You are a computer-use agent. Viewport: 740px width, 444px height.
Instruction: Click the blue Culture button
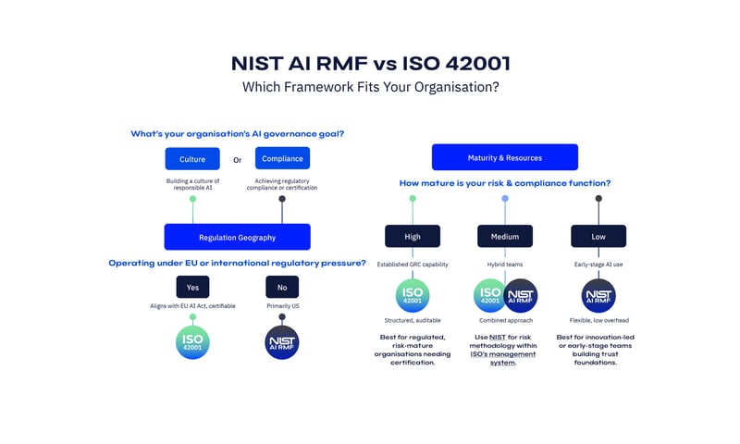[192, 158]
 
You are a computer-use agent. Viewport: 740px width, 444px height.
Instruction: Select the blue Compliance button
[282, 158]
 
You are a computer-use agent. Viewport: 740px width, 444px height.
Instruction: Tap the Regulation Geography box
[238, 237]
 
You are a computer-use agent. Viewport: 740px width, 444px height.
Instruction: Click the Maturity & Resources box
[504, 157]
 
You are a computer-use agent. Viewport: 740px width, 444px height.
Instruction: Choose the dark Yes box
[192, 287]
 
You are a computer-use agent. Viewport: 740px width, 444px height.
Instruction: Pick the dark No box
[282, 287]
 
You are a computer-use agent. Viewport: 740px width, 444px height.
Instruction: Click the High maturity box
[413, 236]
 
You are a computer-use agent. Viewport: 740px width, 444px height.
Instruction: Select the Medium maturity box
[505, 236]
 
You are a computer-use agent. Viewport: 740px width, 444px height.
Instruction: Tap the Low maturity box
[598, 236]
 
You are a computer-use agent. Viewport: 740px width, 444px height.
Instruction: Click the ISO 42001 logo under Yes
[192, 342]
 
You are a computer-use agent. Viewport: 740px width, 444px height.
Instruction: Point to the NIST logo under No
[282, 342]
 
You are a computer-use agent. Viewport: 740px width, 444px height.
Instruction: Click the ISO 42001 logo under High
[413, 295]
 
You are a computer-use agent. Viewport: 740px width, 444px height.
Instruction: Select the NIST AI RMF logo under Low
[598, 295]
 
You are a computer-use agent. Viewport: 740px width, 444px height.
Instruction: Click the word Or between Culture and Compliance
[238, 160]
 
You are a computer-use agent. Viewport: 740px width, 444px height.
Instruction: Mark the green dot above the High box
[413, 199]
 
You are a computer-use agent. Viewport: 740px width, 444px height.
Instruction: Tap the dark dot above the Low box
[598, 199]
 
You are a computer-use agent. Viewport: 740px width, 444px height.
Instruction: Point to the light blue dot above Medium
[505, 199]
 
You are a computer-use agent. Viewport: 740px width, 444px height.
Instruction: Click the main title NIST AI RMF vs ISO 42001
[371, 63]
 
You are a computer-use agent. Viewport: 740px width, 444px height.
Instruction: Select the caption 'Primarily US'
[283, 306]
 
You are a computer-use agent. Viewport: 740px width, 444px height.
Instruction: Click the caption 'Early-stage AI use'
[598, 265]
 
